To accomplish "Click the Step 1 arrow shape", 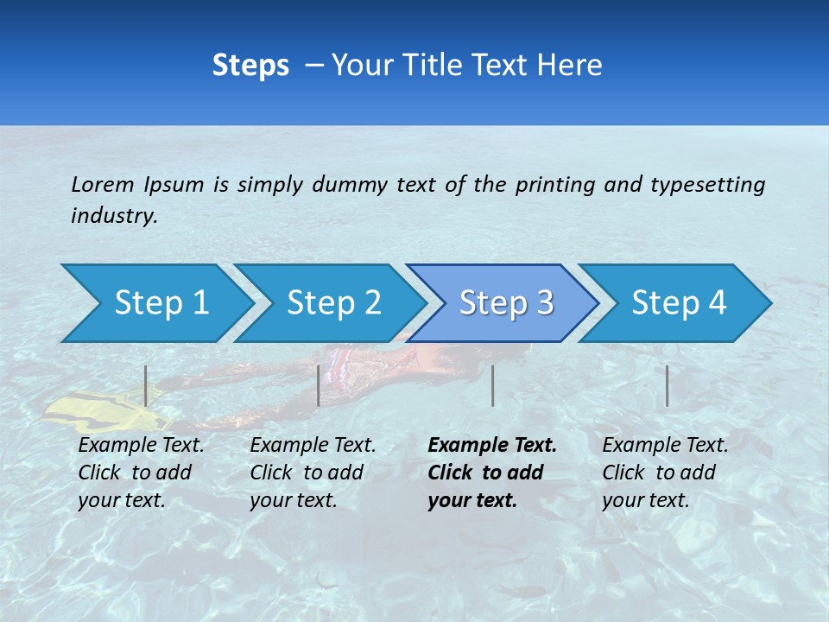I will (160, 303).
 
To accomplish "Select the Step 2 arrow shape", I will (332, 303).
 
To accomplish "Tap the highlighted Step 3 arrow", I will (505, 303).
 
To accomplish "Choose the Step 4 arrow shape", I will (678, 303).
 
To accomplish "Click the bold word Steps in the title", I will (250, 65).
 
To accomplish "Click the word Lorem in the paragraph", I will (103, 184).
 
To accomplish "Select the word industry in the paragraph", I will (114, 216).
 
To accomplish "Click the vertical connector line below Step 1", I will (146, 385).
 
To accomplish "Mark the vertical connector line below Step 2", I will (319, 385).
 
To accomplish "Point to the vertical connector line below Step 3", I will (492, 385).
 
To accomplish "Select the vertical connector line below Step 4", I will (667, 385).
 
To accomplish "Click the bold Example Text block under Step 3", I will (491, 473).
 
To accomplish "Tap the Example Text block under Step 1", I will (141, 473).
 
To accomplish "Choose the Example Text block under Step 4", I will (665, 473).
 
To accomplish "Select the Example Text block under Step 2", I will (313, 473).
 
